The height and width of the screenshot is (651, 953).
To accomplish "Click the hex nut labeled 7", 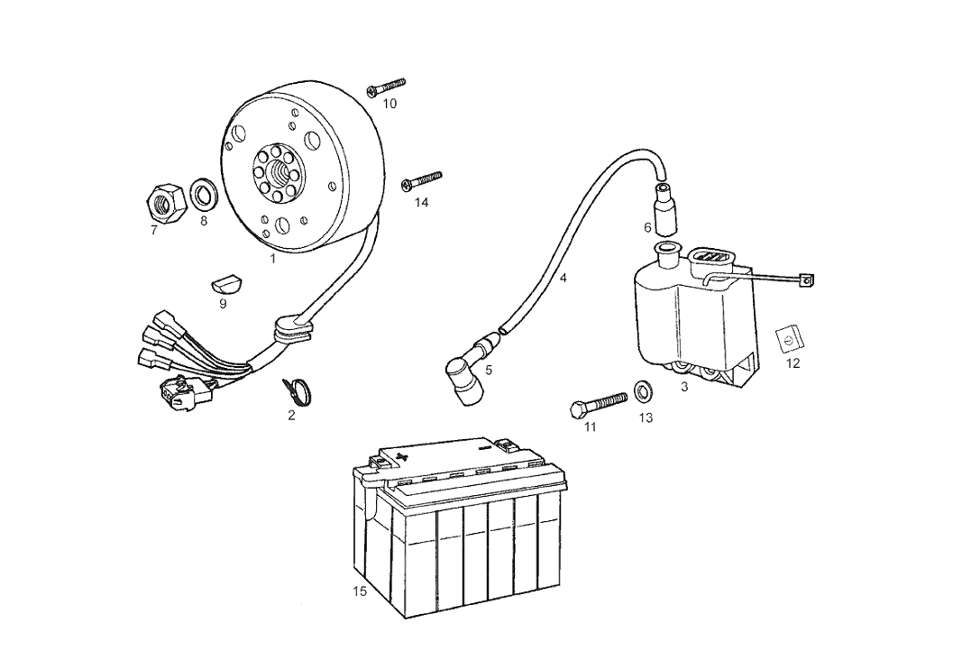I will point(165,199).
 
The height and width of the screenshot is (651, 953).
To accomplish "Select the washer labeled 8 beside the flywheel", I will point(204,194).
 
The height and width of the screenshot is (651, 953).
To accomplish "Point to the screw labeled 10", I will point(386,87).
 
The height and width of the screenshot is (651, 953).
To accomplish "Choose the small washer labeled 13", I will point(644,390).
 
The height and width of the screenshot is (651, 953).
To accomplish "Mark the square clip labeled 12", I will point(788,341).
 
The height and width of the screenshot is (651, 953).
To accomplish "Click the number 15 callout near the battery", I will point(361,591).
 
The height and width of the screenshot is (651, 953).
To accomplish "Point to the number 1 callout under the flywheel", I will point(271,258).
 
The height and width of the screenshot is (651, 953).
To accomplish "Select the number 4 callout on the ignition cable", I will point(564,279).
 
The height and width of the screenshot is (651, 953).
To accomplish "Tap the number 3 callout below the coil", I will point(684,387).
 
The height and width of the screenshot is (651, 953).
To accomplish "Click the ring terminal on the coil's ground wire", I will point(807,280).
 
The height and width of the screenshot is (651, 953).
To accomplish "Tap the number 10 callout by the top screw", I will point(389,104).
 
